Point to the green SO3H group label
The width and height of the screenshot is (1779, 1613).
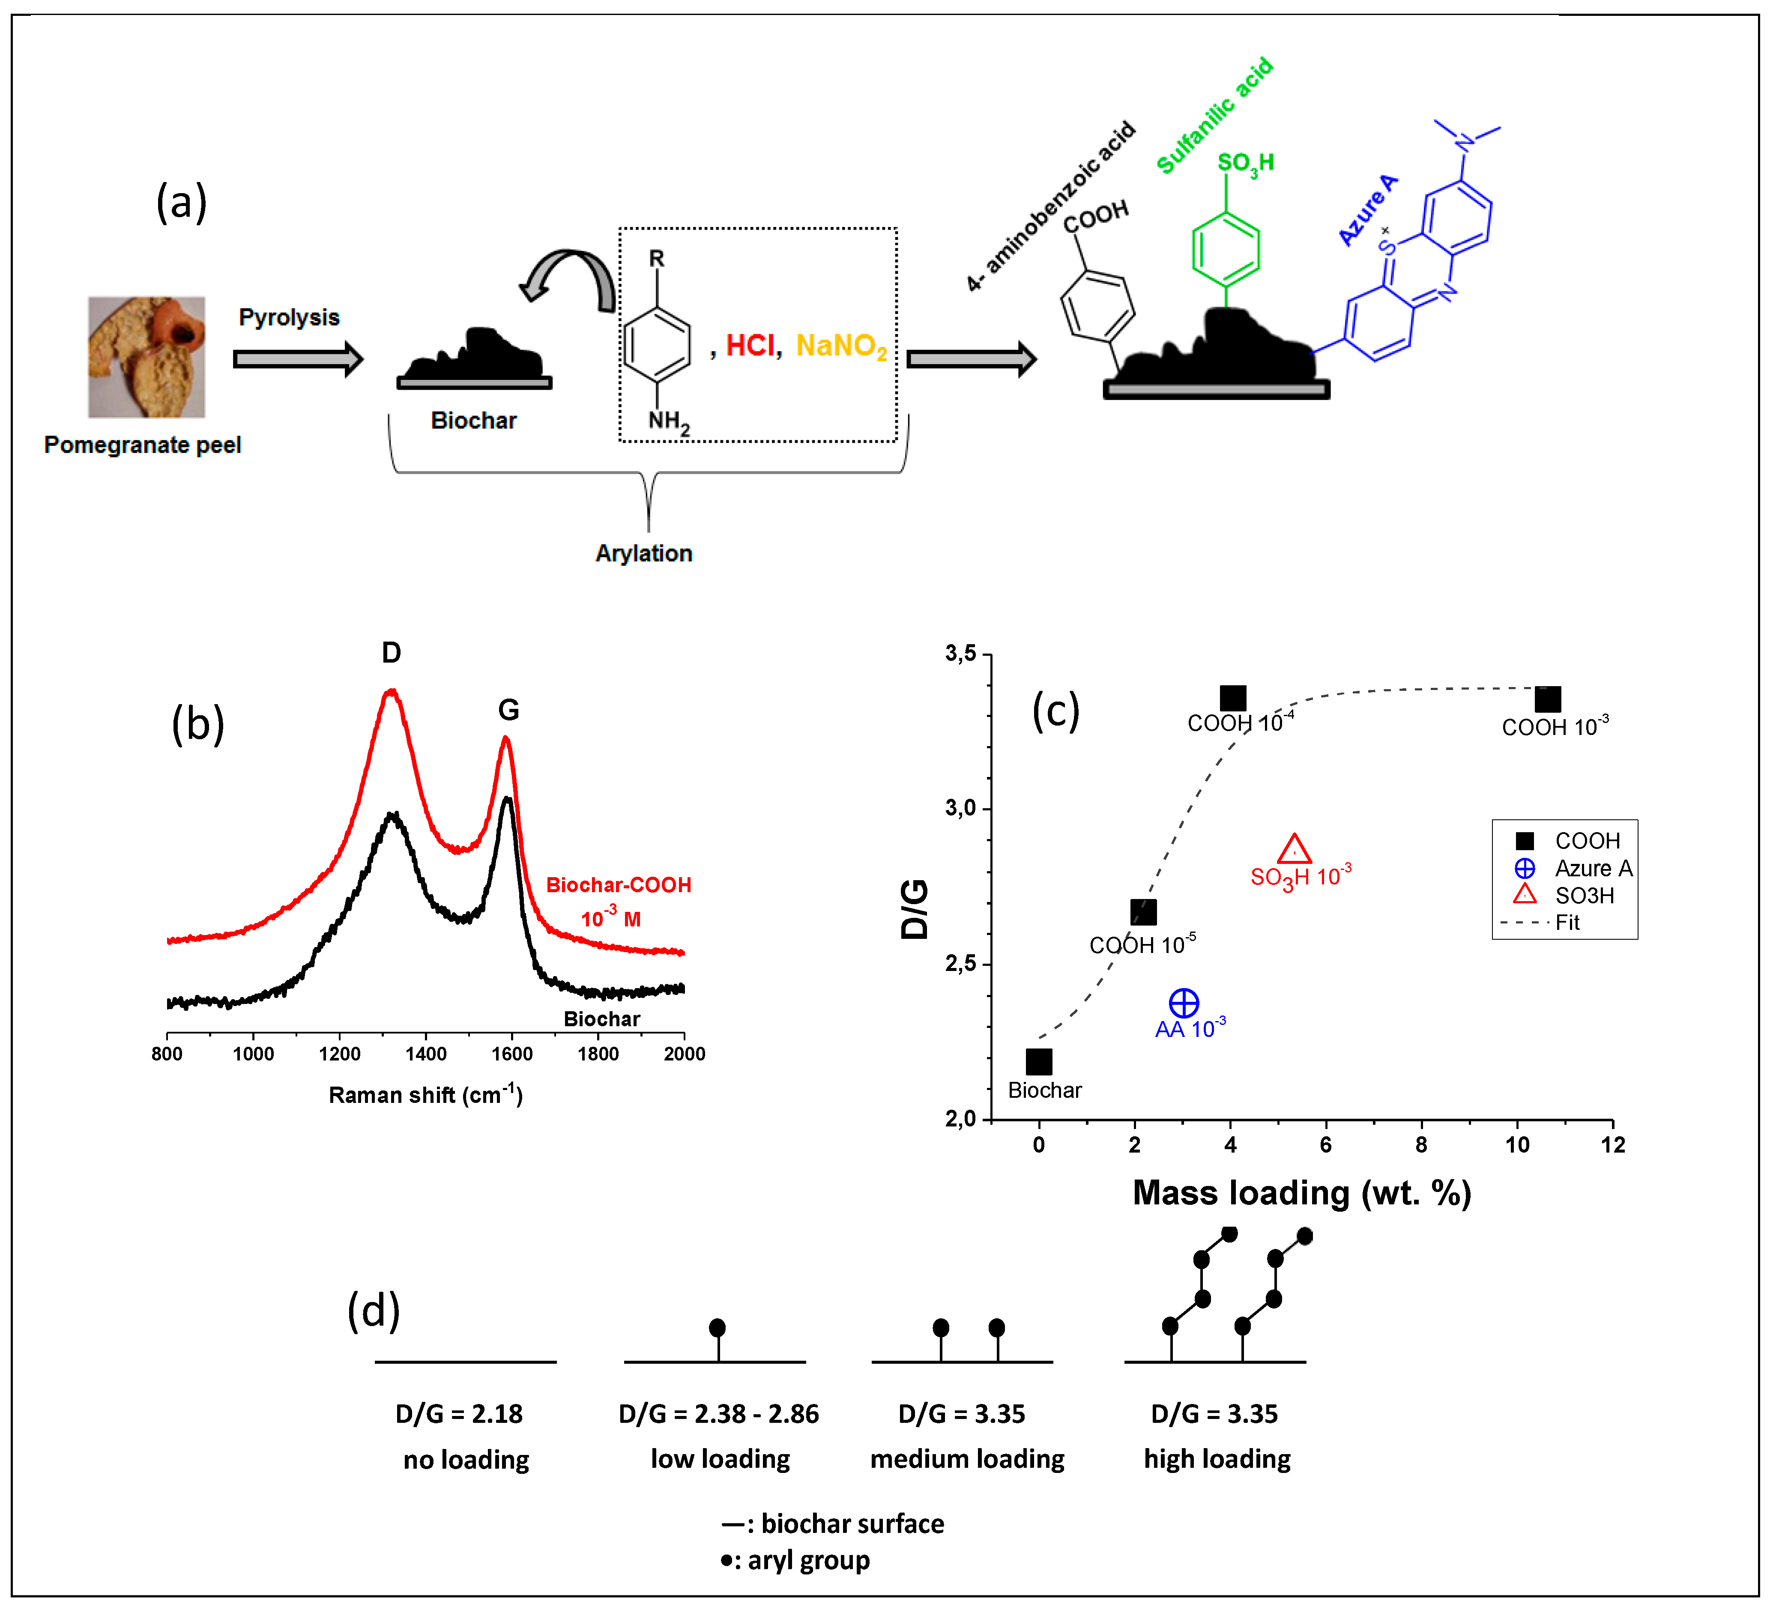click(1245, 163)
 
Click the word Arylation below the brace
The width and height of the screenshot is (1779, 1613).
click(643, 553)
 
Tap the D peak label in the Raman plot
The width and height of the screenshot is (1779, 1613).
click(391, 653)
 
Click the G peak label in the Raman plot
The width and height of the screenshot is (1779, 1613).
click(508, 709)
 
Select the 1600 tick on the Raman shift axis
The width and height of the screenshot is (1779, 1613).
click(512, 1054)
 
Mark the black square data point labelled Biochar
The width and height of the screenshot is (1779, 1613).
click(1039, 1061)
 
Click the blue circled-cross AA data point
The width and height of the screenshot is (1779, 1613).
click(1183, 1003)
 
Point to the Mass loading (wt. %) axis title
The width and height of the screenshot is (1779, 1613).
click(1302, 1193)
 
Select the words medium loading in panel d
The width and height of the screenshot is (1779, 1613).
click(967, 1460)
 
